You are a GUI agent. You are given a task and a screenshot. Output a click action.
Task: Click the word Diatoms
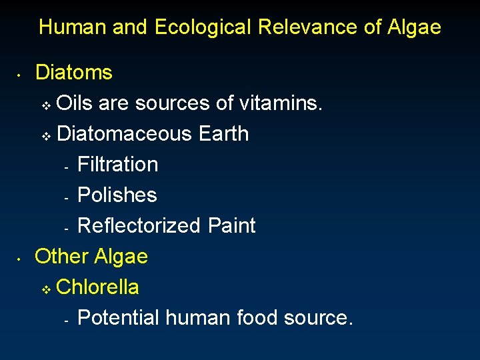tap(74, 72)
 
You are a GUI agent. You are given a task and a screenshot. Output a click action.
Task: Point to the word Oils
tap(75, 103)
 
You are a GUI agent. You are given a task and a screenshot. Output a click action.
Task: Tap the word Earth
tap(223, 134)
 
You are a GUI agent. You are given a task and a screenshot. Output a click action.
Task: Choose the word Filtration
tap(118, 165)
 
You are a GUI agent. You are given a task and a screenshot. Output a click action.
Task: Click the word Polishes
tap(117, 195)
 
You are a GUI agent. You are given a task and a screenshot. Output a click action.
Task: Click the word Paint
tap(231, 226)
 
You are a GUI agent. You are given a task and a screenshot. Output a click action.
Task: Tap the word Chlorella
tap(98, 287)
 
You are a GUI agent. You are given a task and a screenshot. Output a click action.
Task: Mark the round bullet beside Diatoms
tap(21, 75)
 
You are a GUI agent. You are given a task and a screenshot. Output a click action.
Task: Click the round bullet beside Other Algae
tap(21, 259)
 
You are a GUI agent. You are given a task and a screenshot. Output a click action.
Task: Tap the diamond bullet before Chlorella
tap(45, 290)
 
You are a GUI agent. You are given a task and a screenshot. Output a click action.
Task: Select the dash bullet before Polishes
tap(67, 197)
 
